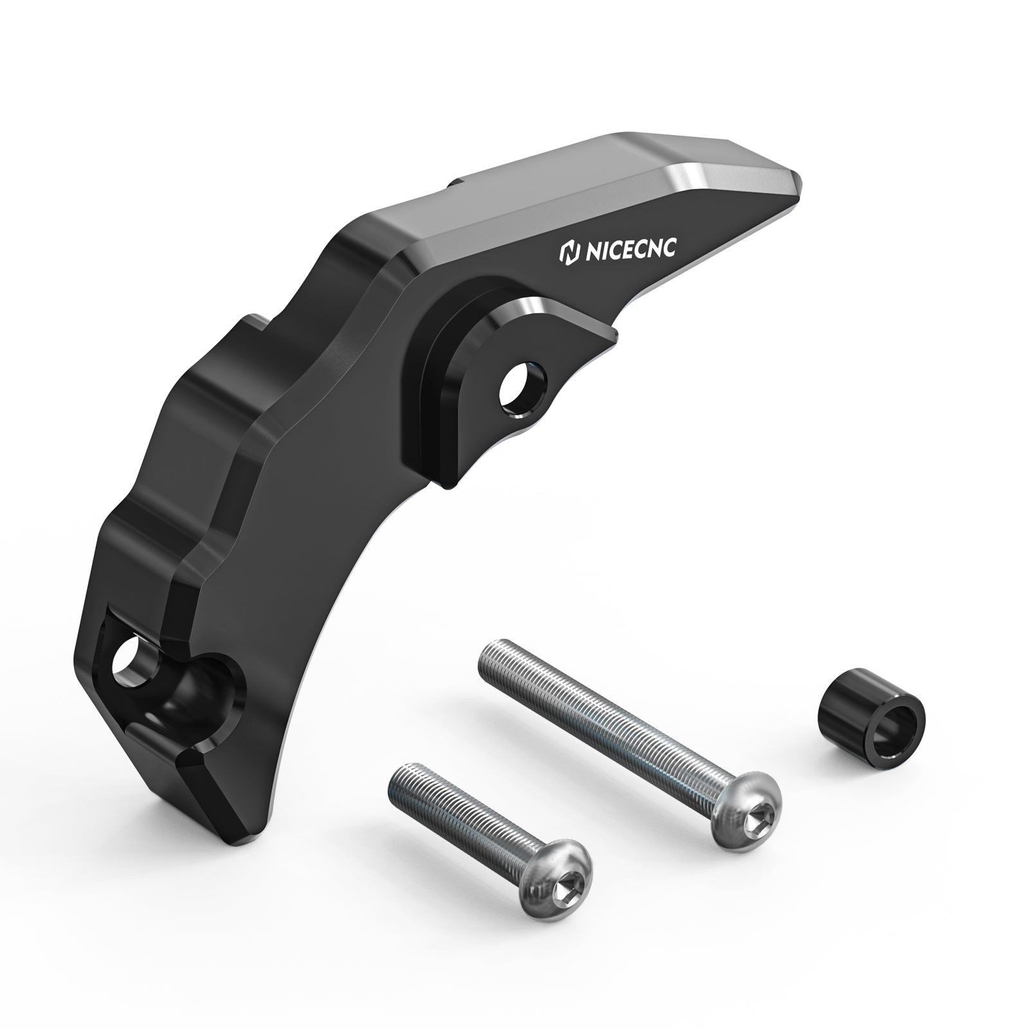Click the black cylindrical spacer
click(x=871, y=725)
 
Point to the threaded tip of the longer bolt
click(x=493, y=670)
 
